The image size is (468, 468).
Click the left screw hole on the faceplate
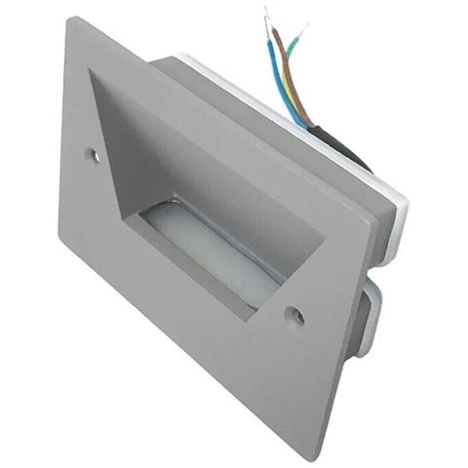point(93,154)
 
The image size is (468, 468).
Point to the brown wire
point(292,73)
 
